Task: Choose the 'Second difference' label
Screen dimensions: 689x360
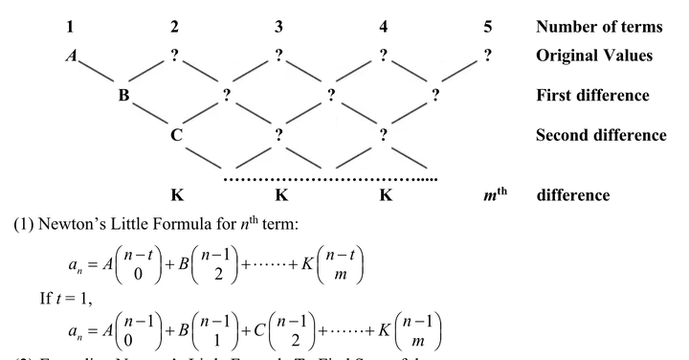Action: (601, 135)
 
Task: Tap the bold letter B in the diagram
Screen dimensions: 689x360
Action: (122, 96)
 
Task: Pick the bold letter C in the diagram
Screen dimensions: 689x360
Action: (175, 135)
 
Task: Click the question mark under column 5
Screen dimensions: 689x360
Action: (487, 56)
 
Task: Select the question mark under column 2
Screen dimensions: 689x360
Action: (174, 56)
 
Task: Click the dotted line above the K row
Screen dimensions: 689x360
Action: (330, 178)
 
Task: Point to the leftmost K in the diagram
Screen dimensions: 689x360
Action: (175, 195)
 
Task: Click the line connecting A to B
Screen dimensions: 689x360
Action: (97, 75)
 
